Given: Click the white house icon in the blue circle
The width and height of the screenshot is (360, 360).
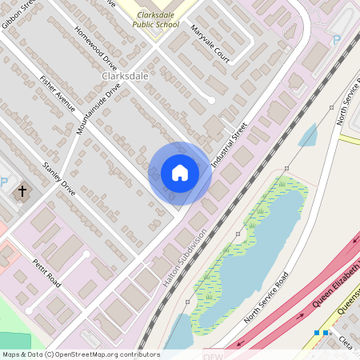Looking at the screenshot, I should pos(180,173).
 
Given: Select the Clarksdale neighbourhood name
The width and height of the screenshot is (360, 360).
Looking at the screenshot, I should pos(126,75).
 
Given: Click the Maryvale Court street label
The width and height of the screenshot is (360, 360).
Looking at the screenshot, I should pos(210,44).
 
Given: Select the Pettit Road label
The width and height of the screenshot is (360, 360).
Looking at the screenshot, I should pos(46,273).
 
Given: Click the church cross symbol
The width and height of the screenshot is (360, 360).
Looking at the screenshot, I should pos(22,192).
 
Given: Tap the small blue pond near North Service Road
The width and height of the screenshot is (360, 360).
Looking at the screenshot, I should pos(308,136).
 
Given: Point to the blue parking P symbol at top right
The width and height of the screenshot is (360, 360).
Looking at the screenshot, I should pos(336,39).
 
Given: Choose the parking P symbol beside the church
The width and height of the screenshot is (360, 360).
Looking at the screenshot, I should pos(4,191).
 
